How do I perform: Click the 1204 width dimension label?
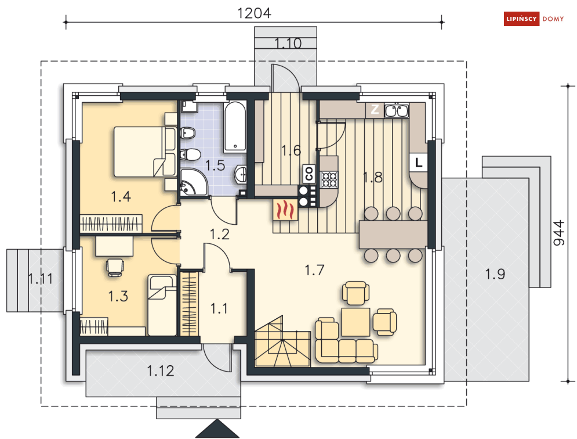pyautogui.click(x=254, y=13)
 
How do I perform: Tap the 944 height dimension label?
pyautogui.click(x=558, y=233)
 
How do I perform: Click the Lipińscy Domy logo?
pyautogui.click(x=534, y=19)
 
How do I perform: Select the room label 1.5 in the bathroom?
pyautogui.click(x=215, y=165)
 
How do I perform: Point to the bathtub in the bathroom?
pyautogui.click(x=235, y=127)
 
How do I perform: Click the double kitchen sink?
pyautogui.click(x=396, y=110)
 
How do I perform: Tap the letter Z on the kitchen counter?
pyautogui.click(x=375, y=110)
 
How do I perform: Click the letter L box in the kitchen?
pyautogui.click(x=419, y=162)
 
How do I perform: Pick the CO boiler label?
pyautogui.click(x=309, y=174)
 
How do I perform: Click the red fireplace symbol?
pyautogui.click(x=285, y=210)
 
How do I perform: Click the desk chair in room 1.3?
pyautogui.click(x=115, y=267)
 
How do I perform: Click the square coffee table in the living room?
pyautogui.click(x=355, y=322)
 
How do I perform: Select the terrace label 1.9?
pyautogui.click(x=495, y=274)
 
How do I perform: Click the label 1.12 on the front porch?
pyautogui.click(x=161, y=371)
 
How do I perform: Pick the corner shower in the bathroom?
pyautogui.click(x=194, y=182)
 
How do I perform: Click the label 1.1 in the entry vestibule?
pyautogui.click(x=219, y=308)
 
